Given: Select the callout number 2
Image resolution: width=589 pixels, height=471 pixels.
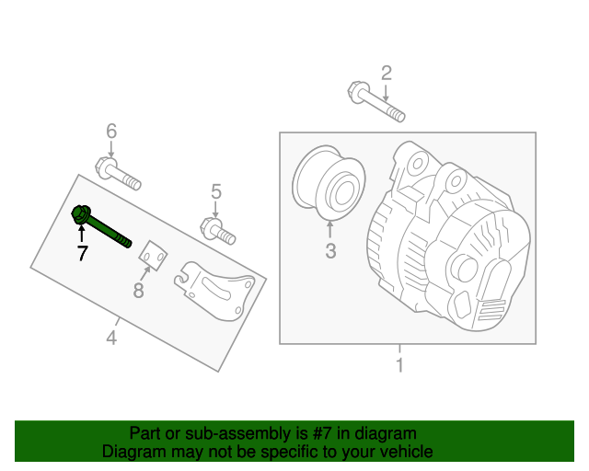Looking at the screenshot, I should [387, 74].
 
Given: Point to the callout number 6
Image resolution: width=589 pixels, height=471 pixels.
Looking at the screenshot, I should [111, 132].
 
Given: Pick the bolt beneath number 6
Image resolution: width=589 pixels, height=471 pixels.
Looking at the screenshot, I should [117, 174].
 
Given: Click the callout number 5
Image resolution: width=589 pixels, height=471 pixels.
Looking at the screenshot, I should [216, 191].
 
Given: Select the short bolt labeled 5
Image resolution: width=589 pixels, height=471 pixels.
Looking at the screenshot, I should [217, 230].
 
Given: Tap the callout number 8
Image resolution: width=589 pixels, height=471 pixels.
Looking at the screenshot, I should [139, 291].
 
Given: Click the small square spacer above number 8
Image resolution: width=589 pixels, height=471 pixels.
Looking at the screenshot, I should [154, 258].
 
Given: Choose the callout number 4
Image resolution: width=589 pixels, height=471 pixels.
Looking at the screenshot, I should [111, 338].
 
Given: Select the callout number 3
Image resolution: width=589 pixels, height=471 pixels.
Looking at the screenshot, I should [330, 250].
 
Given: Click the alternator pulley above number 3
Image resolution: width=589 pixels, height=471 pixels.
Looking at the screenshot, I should [328, 184].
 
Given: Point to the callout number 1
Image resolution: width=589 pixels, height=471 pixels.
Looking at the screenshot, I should [399, 366].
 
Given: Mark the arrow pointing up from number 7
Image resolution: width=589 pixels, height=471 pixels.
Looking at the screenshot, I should [82, 235].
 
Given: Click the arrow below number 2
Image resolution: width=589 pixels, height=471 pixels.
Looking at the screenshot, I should [387, 92].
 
